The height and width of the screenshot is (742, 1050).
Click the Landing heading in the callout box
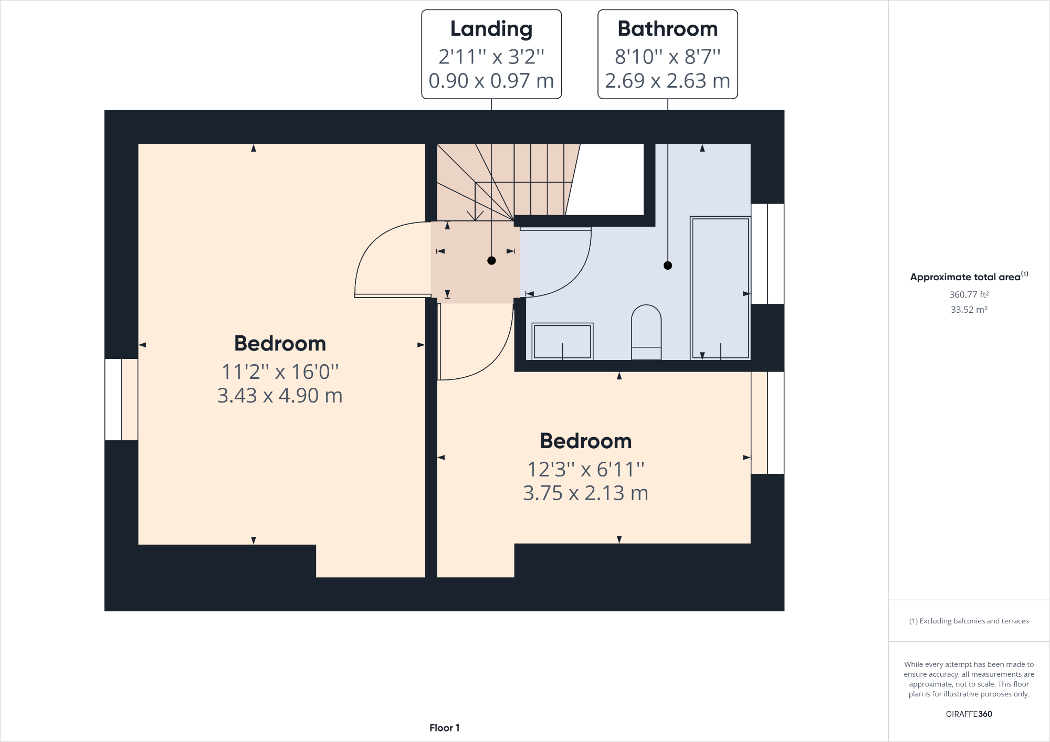[x=491, y=29]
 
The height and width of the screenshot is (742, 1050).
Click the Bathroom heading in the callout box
[x=667, y=29]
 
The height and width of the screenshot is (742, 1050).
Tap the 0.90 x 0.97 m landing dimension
[x=491, y=81]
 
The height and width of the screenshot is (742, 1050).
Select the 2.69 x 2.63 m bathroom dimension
[x=667, y=81]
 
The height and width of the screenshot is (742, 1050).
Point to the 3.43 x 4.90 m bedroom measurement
[x=280, y=396]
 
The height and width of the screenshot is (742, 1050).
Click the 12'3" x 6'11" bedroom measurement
[x=585, y=469]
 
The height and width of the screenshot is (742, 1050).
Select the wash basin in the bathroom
[x=562, y=341]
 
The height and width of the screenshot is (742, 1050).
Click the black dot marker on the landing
[x=491, y=260]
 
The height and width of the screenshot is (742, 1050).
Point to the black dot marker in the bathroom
[x=668, y=266]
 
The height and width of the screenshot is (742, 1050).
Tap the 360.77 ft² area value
[x=969, y=294]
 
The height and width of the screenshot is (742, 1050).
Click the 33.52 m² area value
[x=969, y=310]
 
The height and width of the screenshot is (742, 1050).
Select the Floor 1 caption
[x=444, y=728]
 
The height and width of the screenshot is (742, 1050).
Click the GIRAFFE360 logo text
[x=969, y=714]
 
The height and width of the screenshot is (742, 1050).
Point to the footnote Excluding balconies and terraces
[x=969, y=621]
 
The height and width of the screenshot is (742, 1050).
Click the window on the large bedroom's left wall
[x=121, y=399]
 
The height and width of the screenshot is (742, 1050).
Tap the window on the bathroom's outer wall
[x=768, y=254]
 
